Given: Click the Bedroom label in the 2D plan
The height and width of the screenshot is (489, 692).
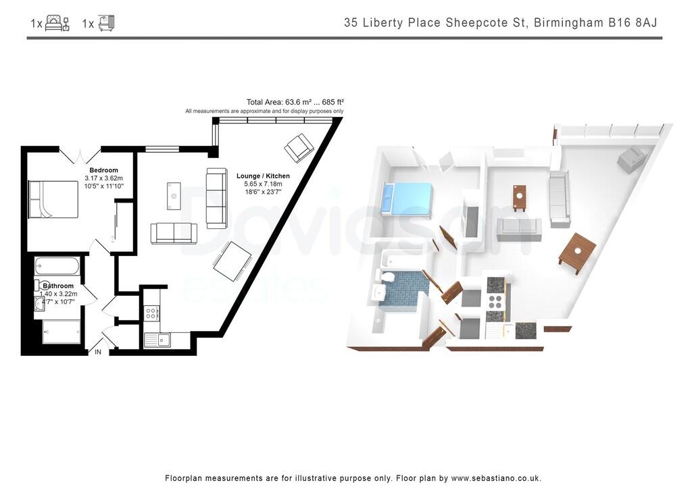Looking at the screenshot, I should pyautogui.click(x=103, y=170).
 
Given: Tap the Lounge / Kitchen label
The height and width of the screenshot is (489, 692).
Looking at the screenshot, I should pyautogui.click(x=263, y=176).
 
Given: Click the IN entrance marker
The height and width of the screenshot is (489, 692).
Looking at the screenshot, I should pyautogui.click(x=98, y=352).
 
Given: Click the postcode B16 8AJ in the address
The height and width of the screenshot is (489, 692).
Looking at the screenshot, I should pyautogui.click(x=630, y=22).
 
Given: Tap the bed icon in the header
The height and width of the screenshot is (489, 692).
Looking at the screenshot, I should pyautogui.click(x=57, y=24).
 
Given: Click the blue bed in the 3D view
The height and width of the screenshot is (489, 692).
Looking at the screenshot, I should pyautogui.click(x=407, y=199).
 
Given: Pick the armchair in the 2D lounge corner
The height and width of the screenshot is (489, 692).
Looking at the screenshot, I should pyautogui.click(x=299, y=147).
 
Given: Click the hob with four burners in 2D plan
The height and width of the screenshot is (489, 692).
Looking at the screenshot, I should pyautogui.click(x=151, y=313).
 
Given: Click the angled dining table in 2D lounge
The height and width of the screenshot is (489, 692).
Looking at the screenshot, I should pyautogui.click(x=232, y=261).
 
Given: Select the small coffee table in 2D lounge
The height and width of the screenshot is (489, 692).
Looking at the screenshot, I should pyautogui.click(x=174, y=196).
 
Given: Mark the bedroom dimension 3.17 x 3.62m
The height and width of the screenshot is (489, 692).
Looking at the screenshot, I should pyautogui.click(x=103, y=178).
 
